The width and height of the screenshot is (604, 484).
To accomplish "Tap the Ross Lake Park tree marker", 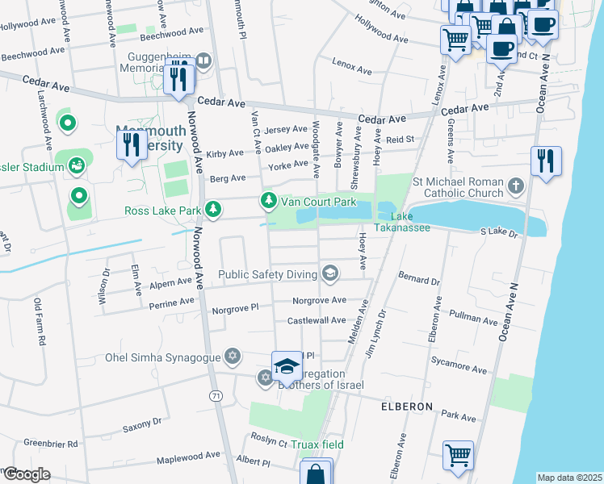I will tap(212, 211).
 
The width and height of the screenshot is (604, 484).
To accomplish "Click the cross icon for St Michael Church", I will tap(515, 189).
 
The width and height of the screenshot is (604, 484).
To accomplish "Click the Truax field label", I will tap(318, 444).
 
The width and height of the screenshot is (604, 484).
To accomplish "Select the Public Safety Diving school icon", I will tap(329, 274).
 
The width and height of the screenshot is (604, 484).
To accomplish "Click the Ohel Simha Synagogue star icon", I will tap(233, 357).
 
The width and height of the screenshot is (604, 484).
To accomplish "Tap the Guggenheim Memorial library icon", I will tap(203, 60).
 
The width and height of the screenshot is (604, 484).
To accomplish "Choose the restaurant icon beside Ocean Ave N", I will tap(546, 161).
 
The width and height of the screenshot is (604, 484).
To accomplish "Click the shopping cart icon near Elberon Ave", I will tap(458, 455).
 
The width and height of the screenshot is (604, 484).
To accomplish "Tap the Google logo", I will tap(27, 474).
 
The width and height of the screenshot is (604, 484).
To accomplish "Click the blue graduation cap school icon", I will tap(286, 367).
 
